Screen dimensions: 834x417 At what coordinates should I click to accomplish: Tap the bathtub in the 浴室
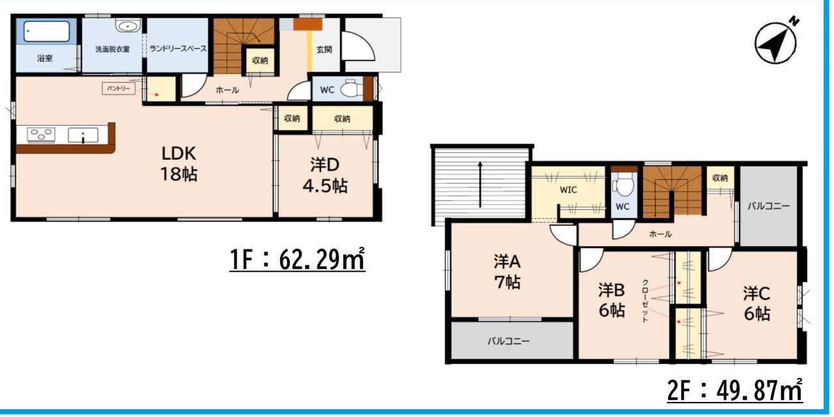point(46,31)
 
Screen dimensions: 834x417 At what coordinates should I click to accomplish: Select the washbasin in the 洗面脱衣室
point(128,25)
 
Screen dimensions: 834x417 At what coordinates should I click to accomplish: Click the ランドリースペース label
point(178,49)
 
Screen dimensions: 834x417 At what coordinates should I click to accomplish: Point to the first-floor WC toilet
point(352,89)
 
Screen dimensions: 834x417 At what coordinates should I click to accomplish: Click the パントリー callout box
point(119,89)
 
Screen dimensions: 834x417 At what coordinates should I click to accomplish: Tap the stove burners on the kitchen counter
point(41,134)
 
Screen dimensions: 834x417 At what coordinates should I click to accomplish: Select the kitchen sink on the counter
point(83,135)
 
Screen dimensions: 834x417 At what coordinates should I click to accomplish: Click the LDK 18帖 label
point(179,164)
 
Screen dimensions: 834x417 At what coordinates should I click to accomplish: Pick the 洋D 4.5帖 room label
point(325,175)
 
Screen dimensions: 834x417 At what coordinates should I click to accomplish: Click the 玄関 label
point(324,49)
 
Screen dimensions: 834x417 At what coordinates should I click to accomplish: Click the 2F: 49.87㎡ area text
point(734,390)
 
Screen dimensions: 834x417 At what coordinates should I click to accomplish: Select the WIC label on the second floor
point(568,190)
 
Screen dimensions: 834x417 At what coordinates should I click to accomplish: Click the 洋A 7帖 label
point(507,272)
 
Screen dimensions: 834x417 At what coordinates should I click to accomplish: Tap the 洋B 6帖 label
point(612,300)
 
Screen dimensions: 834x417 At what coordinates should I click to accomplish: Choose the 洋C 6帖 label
point(757,304)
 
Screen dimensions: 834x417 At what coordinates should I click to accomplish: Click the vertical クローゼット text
point(645,301)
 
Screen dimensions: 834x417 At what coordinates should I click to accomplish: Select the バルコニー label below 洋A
point(509,341)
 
